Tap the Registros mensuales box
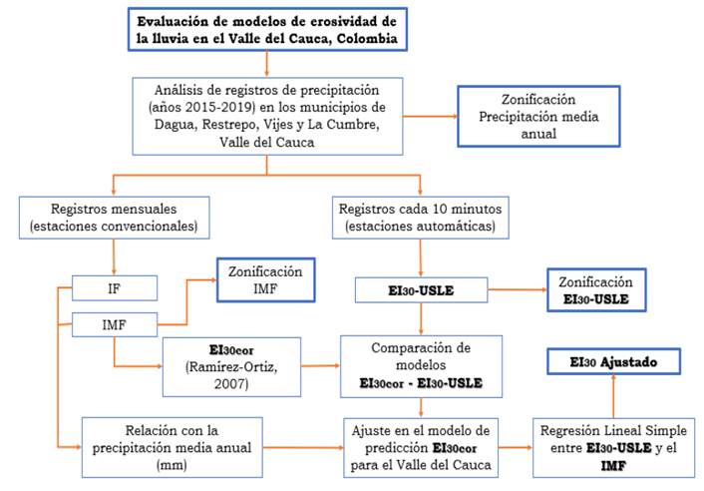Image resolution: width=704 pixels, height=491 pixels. pos(115,220)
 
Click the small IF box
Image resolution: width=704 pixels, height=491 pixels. pos(114,289)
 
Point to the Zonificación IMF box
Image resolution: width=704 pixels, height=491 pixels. pos(267,279)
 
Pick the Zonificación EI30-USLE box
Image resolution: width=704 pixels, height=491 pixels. pos(595,289)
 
